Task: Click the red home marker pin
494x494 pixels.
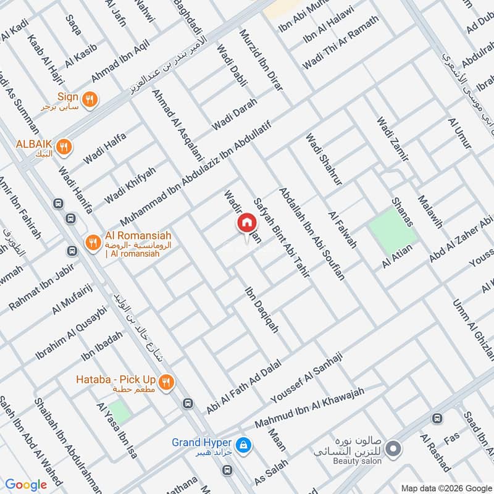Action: coord(246,224)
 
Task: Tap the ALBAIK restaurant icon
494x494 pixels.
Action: coord(63,147)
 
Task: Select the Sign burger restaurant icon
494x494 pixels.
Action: coord(90,98)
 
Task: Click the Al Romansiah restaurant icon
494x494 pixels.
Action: coord(93,241)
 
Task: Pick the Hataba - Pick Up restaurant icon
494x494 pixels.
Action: coord(165,382)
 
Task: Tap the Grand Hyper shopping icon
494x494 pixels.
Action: coord(244,445)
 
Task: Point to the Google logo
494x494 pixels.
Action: coord(26,484)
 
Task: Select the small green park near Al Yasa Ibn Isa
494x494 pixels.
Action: coord(120,412)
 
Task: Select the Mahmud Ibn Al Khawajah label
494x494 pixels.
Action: coord(311,408)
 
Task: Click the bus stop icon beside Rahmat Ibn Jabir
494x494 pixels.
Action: coord(73,251)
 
